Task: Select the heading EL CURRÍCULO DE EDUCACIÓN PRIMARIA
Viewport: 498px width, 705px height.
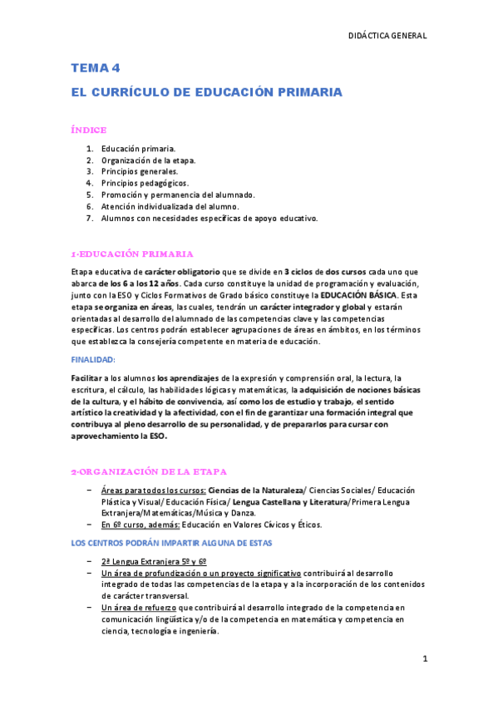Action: (205, 93)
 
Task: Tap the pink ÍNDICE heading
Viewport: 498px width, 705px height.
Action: (88, 130)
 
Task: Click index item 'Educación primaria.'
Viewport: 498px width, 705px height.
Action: (136, 148)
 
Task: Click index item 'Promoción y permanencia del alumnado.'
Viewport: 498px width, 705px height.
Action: (178, 195)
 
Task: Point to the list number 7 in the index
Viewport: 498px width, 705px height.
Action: (89, 218)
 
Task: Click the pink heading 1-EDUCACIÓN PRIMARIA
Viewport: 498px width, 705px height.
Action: (132, 254)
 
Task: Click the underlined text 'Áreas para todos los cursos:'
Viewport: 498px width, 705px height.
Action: (153, 490)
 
